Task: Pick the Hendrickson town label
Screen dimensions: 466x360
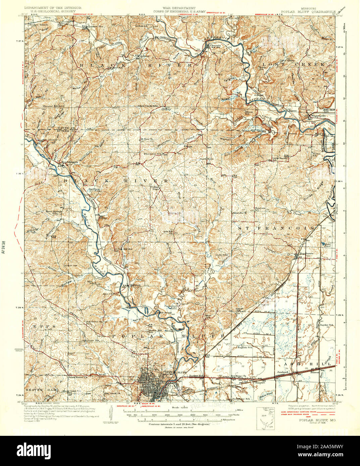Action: (70, 162)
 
